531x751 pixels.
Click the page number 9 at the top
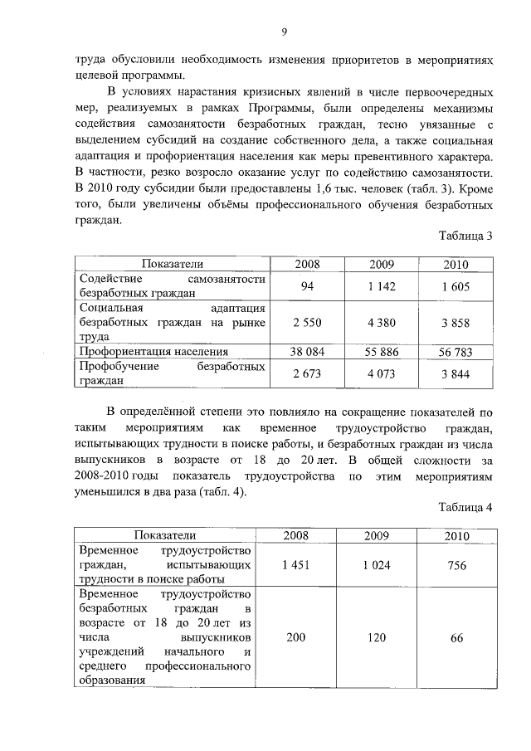tap(284, 32)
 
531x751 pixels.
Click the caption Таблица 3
tap(466, 236)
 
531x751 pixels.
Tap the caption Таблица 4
tap(466, 508)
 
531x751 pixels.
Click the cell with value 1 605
tap(455, 285)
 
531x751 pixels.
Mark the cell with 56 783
tap(455, 352)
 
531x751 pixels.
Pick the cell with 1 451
tap(295, 565)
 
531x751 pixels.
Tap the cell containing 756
tap(455, 565)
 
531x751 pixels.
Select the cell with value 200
tap(295, 637)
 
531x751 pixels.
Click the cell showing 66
tap(455, 637)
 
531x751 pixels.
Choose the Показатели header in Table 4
tap(166, 535)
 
